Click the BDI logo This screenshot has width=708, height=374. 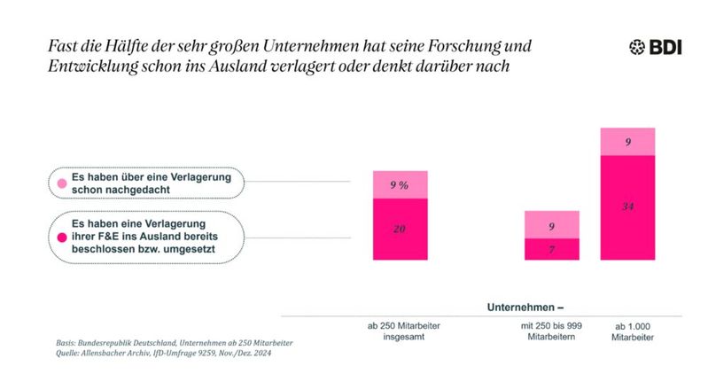point(659,47)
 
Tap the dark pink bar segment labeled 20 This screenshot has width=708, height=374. point(399,230)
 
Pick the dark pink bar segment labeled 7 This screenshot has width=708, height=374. point(551,250)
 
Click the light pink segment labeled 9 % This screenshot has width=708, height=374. point(399,184)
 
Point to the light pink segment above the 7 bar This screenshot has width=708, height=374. point(551,225)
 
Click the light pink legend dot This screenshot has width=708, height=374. point(63,184)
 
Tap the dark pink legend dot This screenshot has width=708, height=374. point(63,238)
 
